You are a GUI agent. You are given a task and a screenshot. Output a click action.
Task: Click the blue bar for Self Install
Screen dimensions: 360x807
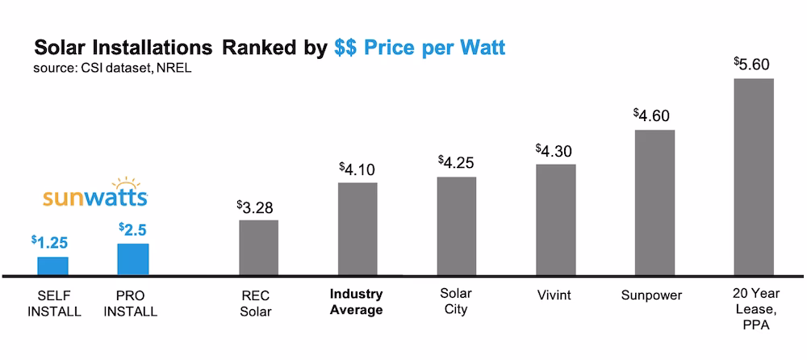click(x=52, y=266)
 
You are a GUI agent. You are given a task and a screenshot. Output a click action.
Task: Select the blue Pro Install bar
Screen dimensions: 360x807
click(x=133, y=259)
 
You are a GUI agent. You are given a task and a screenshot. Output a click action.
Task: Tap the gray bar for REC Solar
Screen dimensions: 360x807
click(x=258, y=247)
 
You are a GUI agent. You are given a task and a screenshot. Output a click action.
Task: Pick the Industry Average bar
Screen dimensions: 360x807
click(x=357, y=228)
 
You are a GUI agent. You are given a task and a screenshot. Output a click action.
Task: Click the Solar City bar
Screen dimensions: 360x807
click(x=456, y=226)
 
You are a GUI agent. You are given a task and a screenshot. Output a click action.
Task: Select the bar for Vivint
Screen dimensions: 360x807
click(x=556, y=220)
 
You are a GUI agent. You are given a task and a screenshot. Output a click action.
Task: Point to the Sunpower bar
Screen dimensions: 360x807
click(x=654, y=202)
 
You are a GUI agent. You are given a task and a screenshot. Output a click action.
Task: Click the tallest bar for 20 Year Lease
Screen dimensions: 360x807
click(x=754, y=177)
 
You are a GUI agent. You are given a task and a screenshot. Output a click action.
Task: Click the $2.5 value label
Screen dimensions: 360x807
click(x=132, y=230)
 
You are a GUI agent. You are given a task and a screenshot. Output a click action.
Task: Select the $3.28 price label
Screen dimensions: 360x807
click(x=257, y=207)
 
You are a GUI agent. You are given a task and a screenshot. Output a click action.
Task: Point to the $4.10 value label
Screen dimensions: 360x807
click(x=357, y=170)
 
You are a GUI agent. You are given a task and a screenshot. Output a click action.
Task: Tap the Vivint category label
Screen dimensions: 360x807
click(x=554, y=295)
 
